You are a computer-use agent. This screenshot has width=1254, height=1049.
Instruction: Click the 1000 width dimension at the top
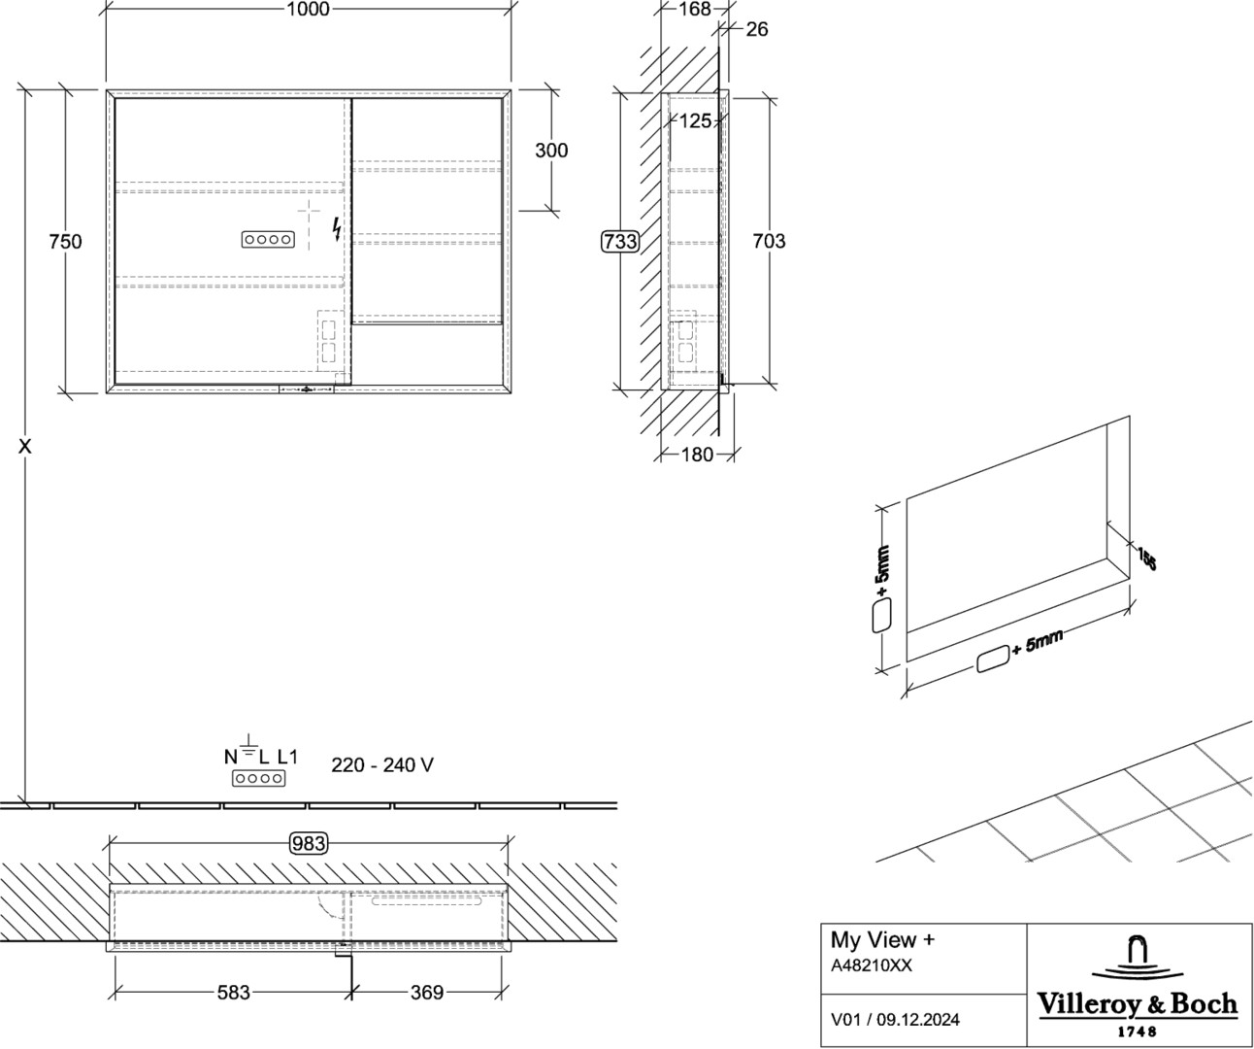tap(308, 9)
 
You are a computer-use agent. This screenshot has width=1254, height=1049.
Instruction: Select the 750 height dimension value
tap(65, 241)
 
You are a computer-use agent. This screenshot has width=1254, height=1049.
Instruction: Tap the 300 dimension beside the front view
tap(551, 150)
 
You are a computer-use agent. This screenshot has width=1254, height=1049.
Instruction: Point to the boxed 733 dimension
tap(620, 241)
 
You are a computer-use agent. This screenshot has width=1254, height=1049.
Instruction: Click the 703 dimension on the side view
tap(769, 241)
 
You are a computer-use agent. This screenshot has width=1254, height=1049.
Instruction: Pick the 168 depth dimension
tap(695, 9)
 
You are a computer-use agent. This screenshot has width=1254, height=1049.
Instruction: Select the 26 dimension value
tap(757, 29)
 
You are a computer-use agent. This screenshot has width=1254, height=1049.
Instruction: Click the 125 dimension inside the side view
tap(696, 120)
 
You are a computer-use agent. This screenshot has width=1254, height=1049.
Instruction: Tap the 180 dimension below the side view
tap(697, 455)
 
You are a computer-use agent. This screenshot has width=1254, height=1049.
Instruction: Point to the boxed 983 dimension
tap(309, 843)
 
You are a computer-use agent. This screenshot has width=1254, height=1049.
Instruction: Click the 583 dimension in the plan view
tap(233, 992)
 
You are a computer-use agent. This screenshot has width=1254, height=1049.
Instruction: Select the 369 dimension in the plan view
tap(427, 992)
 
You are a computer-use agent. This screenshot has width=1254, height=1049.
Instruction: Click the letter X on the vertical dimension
tap(24, 447)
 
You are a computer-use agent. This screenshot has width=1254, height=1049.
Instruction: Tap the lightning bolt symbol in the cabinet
tap(337, 229)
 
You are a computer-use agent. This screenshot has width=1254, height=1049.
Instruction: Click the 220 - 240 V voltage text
tap(382, 764)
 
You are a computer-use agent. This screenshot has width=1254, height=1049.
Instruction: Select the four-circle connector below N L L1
tap(258, 778)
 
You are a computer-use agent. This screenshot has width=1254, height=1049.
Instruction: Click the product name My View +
tap(882, 939)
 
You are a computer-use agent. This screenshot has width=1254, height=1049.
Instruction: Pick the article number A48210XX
tap(871, 965)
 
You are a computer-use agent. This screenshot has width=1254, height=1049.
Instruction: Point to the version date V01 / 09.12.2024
tap(895, 1020)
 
